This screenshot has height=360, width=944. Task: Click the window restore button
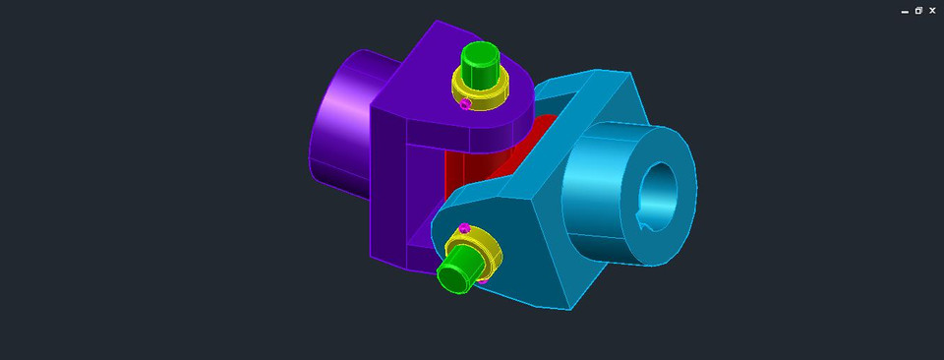point(918,11)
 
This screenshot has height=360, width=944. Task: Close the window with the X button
point(932,11)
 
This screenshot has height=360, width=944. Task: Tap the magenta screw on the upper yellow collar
point(466,103)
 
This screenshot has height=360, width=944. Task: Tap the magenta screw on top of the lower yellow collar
point(464,228)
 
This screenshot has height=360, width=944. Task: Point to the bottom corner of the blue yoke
point(568,305)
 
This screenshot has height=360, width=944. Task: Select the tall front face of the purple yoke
point(388,187)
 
